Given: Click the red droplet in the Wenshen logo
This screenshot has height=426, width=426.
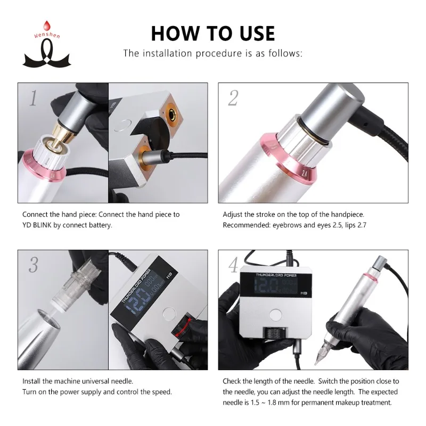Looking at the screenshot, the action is [47, 26].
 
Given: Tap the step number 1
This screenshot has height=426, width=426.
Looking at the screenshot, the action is [33, 98].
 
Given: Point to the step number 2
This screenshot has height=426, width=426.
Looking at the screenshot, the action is [233, 98].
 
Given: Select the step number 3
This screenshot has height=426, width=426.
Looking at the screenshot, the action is [34, 265].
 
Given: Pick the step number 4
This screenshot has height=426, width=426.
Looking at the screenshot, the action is [233, 265].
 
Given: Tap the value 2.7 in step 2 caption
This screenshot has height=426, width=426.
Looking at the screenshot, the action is [362, 225].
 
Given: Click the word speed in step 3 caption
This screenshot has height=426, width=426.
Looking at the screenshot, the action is [162, 392].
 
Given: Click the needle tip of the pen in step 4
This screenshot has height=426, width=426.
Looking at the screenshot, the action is [316, 364].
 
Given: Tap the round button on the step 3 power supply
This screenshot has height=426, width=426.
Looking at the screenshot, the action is [169, 314].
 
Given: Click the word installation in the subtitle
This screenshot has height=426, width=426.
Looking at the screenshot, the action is [168, 53].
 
